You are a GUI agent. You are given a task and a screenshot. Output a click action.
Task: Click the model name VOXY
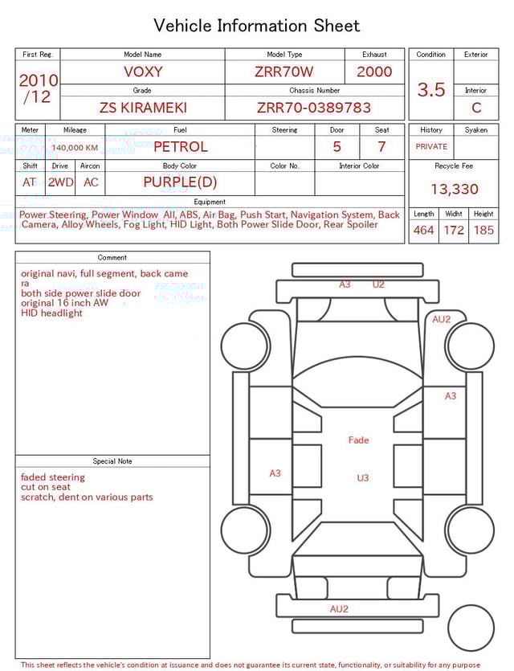coord(143,72)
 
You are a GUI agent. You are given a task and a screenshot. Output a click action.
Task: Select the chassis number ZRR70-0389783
coord(314,108)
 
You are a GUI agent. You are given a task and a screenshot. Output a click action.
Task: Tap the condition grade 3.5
coord(431,90)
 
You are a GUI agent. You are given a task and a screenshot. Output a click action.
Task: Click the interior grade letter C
coord(476,108)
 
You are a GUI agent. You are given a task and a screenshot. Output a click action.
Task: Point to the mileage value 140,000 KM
coord(75,148)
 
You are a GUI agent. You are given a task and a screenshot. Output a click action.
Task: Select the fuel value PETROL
coord(180,147)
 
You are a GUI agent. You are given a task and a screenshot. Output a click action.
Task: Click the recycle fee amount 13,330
coord(454,190)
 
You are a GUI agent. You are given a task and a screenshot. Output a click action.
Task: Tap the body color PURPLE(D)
coord(180,182)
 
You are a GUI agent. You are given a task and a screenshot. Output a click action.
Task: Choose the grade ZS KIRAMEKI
coord(142,108)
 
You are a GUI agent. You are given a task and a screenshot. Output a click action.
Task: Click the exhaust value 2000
coord(374,72)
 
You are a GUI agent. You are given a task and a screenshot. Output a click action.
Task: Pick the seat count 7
coord(381,147)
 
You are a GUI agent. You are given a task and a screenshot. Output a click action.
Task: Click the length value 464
coord(423,231)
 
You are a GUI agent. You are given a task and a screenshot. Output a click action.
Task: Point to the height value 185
coord(483,231)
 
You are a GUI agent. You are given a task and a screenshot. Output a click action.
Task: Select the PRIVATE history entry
coord(431,147)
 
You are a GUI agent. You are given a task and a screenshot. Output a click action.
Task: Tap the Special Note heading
coord(112,461)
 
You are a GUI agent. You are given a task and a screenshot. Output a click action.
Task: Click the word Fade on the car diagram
coord(358,440)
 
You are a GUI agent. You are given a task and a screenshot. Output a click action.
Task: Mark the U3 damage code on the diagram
coord(363,478)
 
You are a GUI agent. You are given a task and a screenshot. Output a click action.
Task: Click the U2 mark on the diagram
coord(378,284)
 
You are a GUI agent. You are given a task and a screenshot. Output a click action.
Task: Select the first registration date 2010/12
coord(38,89)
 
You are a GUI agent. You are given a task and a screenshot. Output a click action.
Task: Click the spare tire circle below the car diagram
coord(471,628)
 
